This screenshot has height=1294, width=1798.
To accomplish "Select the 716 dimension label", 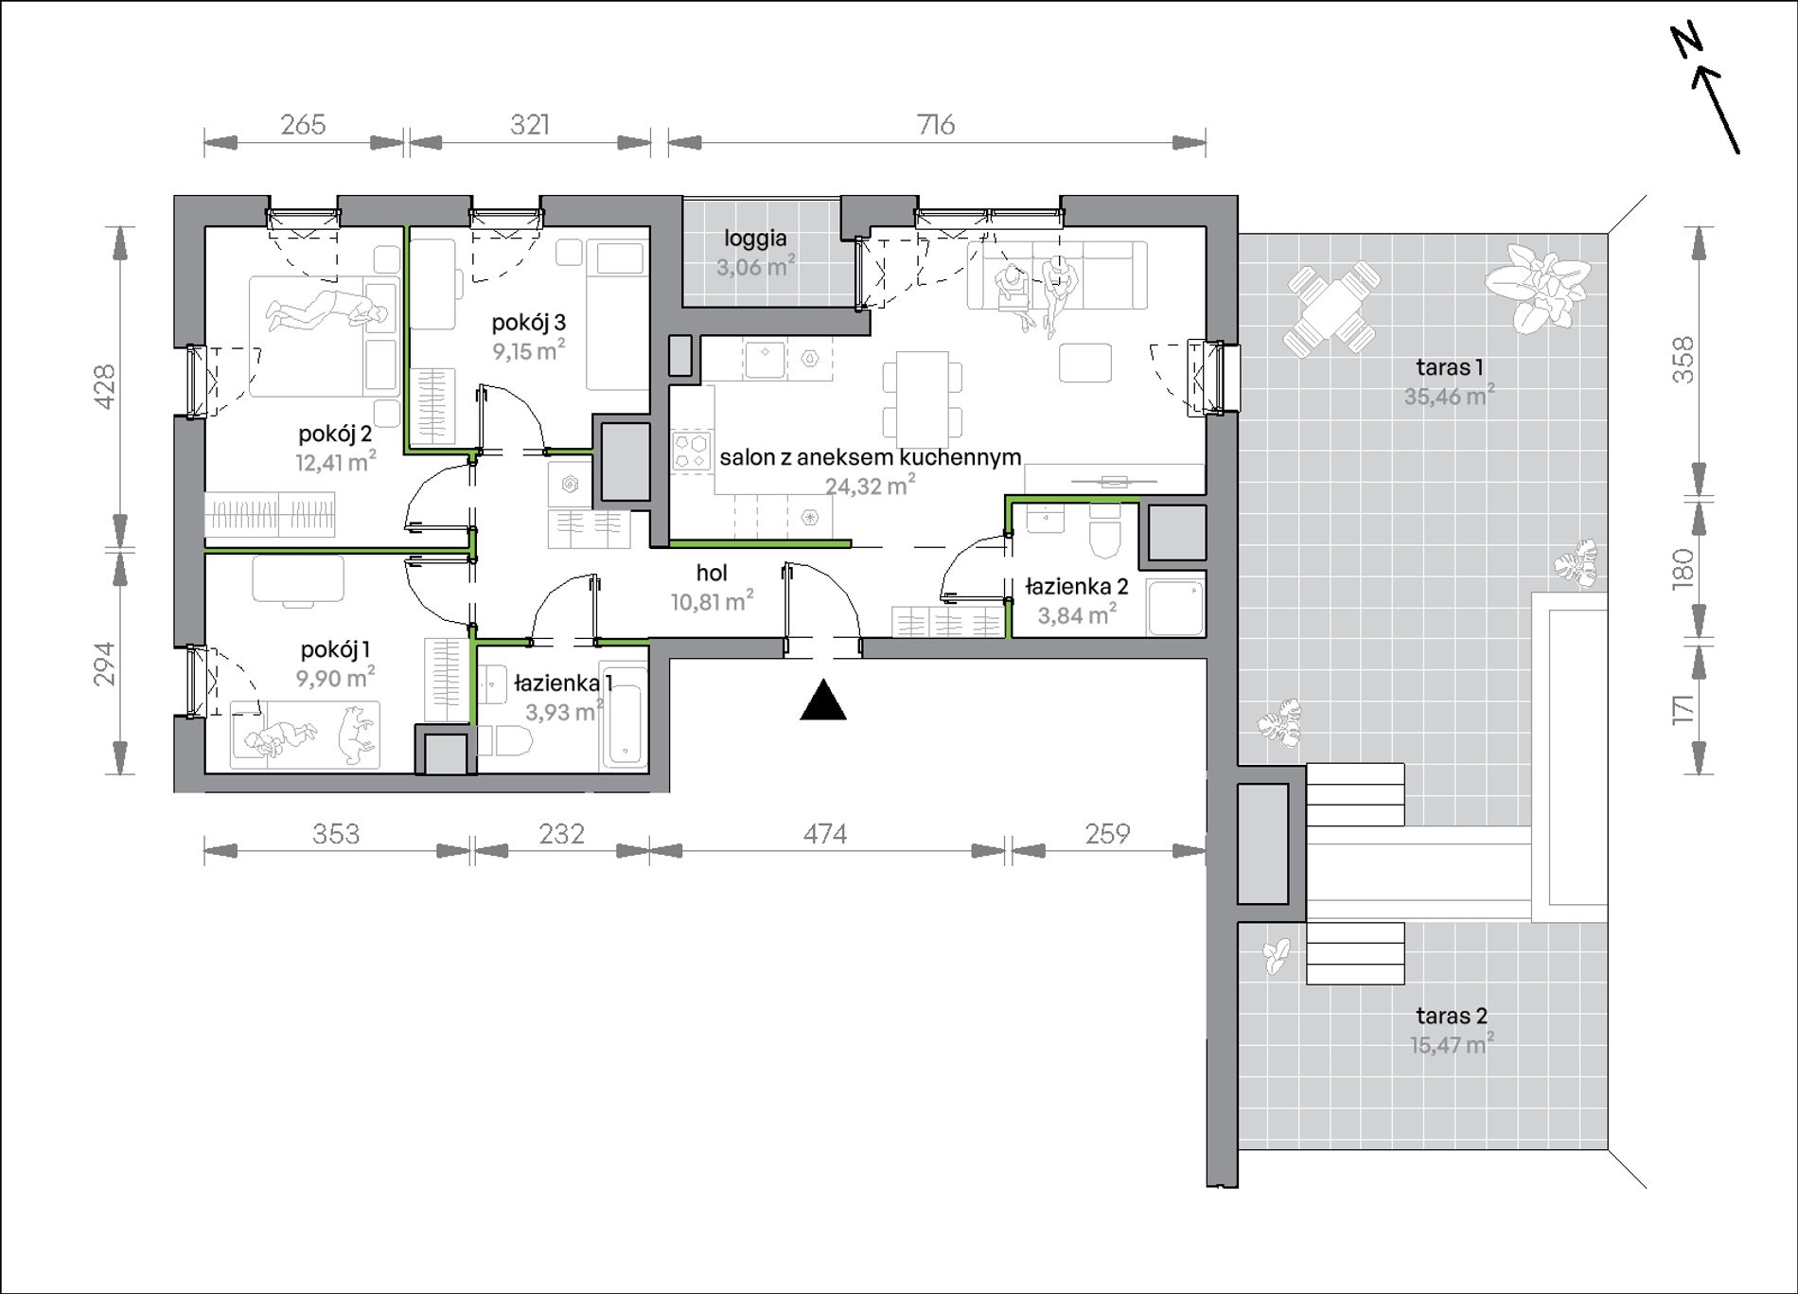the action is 936,124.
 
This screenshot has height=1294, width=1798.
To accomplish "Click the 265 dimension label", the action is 303,124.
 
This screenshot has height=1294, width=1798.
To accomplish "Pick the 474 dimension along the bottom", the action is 825,834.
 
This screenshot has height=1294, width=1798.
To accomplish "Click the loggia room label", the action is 755,239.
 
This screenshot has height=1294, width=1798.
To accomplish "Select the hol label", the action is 712,572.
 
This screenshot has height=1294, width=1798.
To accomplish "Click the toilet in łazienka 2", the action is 1104,535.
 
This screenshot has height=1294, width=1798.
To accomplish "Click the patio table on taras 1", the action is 1331,309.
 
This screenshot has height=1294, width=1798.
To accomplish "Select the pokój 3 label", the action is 528,323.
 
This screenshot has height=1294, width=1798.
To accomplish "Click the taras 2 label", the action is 1452,1016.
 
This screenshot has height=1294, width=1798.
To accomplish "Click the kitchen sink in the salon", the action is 765,359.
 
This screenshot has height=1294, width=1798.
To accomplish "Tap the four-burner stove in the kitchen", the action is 691,451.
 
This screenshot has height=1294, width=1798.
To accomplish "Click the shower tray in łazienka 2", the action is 1175,608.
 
